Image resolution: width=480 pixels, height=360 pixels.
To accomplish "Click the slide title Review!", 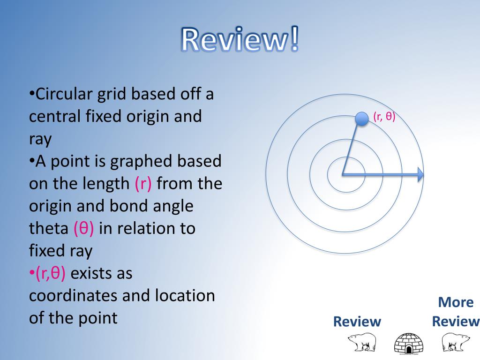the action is (240, 40).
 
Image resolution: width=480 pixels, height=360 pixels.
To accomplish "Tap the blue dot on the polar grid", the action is (361, 119).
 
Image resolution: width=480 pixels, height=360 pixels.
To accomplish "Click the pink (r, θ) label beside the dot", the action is (384, 117).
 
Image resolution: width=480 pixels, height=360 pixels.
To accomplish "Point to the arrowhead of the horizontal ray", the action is (420, 175).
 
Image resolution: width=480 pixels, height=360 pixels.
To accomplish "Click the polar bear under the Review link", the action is (361, 342).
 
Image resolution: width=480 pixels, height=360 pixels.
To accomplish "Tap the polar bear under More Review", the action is (456, 342).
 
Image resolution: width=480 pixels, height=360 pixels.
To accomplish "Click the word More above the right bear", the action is (456, 302).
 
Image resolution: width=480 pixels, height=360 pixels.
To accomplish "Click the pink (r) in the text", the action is (142, 183).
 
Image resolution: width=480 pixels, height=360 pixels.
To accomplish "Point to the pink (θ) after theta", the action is (83, 228).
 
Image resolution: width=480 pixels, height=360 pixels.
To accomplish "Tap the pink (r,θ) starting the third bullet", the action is (50, 273).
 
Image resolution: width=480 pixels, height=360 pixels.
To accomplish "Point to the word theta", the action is (49, 228).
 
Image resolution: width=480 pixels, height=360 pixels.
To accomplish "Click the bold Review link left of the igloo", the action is (357, 322).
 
